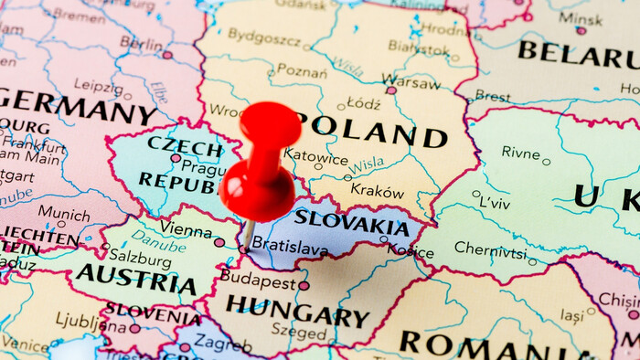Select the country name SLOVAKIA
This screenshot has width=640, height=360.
coord(351,221)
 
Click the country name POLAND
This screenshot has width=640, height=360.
coord(371,131)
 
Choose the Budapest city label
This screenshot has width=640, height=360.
coord(257,276)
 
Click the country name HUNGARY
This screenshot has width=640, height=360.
coord(297,311)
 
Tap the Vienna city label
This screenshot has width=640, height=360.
coord(186,228)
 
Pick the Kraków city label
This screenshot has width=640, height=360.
coord(377,192)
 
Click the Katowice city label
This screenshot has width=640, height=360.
coord(315,155)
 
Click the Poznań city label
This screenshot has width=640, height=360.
coord(302,71)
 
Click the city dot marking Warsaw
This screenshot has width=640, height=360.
coord(391,90)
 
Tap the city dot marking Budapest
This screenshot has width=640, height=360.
coord(304,285)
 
